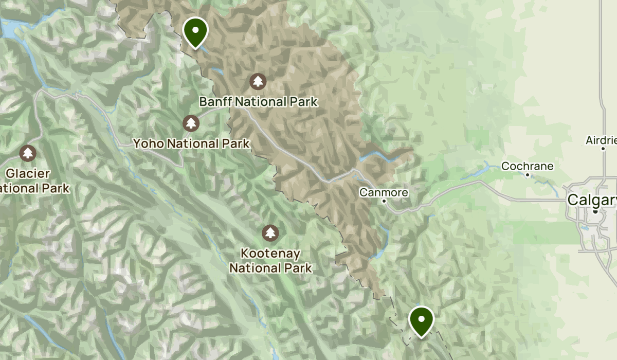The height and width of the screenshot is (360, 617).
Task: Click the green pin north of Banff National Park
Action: [195, 31]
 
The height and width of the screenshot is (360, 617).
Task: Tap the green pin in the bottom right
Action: [421, 320]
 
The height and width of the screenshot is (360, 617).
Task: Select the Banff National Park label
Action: [258, 102]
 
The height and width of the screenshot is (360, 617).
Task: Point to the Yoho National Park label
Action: [191, 143]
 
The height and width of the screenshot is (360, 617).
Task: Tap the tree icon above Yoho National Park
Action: [191, 123]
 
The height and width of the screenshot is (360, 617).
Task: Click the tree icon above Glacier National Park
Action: [27, 153]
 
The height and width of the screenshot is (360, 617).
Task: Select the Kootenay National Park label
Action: [270, 261]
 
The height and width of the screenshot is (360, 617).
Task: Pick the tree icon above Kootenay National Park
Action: [270, 232]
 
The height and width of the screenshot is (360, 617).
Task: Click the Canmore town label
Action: [384, 192]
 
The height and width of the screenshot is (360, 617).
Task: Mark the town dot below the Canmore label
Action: [384, 201]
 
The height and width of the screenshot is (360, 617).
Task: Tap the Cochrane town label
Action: [527, 166]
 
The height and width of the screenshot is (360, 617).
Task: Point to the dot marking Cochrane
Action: [528, 175]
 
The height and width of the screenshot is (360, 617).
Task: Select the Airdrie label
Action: [601, 140]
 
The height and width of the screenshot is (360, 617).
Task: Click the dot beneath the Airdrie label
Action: [603, 149]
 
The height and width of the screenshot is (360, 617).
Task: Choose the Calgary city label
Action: [591, 200]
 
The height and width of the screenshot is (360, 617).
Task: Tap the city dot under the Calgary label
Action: [595, 211]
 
